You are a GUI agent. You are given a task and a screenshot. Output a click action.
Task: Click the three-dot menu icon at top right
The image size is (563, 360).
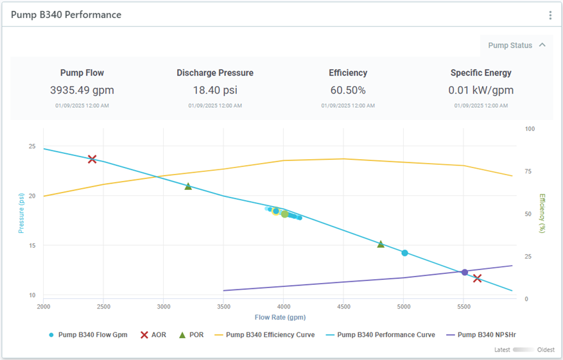[550, 15]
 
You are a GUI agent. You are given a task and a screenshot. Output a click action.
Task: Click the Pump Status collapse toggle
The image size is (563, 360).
[542, 45]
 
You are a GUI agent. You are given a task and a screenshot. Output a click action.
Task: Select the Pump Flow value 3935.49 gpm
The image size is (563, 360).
[82, 90]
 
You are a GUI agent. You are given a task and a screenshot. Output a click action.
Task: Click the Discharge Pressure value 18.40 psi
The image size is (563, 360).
[215, 90]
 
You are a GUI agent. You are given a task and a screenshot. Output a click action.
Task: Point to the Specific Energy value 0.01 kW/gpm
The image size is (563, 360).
[481, 90]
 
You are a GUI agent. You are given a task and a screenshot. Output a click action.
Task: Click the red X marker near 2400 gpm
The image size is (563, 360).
[92, 159]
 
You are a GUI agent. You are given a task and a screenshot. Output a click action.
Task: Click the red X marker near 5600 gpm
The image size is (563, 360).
[477, 279]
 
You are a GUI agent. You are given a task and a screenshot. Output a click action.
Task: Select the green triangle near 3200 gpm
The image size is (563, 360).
[188, 186]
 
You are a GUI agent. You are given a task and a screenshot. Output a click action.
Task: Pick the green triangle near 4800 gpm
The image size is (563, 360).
[381, 244]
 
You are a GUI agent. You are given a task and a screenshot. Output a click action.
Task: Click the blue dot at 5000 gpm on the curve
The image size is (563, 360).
[404, 253]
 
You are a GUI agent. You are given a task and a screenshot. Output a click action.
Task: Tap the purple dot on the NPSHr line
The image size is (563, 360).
[465, 272]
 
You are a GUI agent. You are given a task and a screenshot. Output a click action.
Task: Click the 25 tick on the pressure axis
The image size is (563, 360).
[31, 146]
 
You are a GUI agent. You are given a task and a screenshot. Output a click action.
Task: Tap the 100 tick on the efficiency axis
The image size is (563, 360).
[530, 129]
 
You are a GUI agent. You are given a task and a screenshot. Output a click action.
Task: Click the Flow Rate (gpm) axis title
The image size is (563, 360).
[280, 317]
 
